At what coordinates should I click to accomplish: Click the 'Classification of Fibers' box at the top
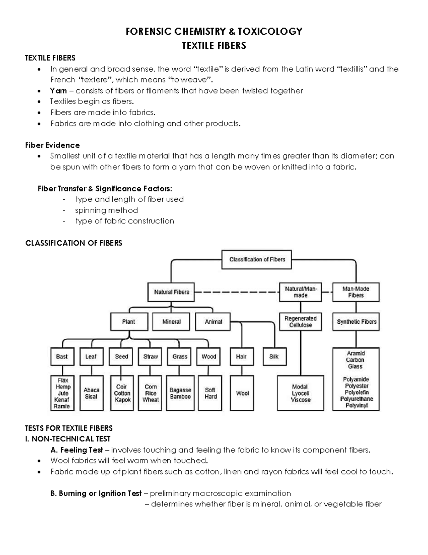pos(257,259)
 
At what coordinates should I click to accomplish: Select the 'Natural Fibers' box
pos(172,292)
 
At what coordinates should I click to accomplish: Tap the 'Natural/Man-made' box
pos(300,292)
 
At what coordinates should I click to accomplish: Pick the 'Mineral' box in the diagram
pos(172,322)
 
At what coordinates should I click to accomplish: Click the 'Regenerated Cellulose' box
pos(300,322)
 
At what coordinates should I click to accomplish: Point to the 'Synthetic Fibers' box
pos(356,322)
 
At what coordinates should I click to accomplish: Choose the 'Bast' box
pos(62,356)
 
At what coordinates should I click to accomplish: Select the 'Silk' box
pos(274,356)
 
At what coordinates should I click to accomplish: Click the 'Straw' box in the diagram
pos(151,356)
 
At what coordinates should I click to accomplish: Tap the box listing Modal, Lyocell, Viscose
pos(300,393)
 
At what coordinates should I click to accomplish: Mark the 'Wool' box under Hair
pos(242,393)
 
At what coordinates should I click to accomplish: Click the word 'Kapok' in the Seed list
pos(123,400)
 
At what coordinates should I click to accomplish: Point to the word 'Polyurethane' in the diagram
pos(356,399)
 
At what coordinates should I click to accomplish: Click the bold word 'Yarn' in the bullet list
pos(58,91)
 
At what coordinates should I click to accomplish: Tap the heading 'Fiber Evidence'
pos(52,145)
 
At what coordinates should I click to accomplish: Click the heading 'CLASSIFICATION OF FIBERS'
pos(73,243)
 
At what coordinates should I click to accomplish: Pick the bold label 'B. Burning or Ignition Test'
pos(96,494)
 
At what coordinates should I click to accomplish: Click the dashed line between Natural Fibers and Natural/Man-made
pos(236,292)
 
